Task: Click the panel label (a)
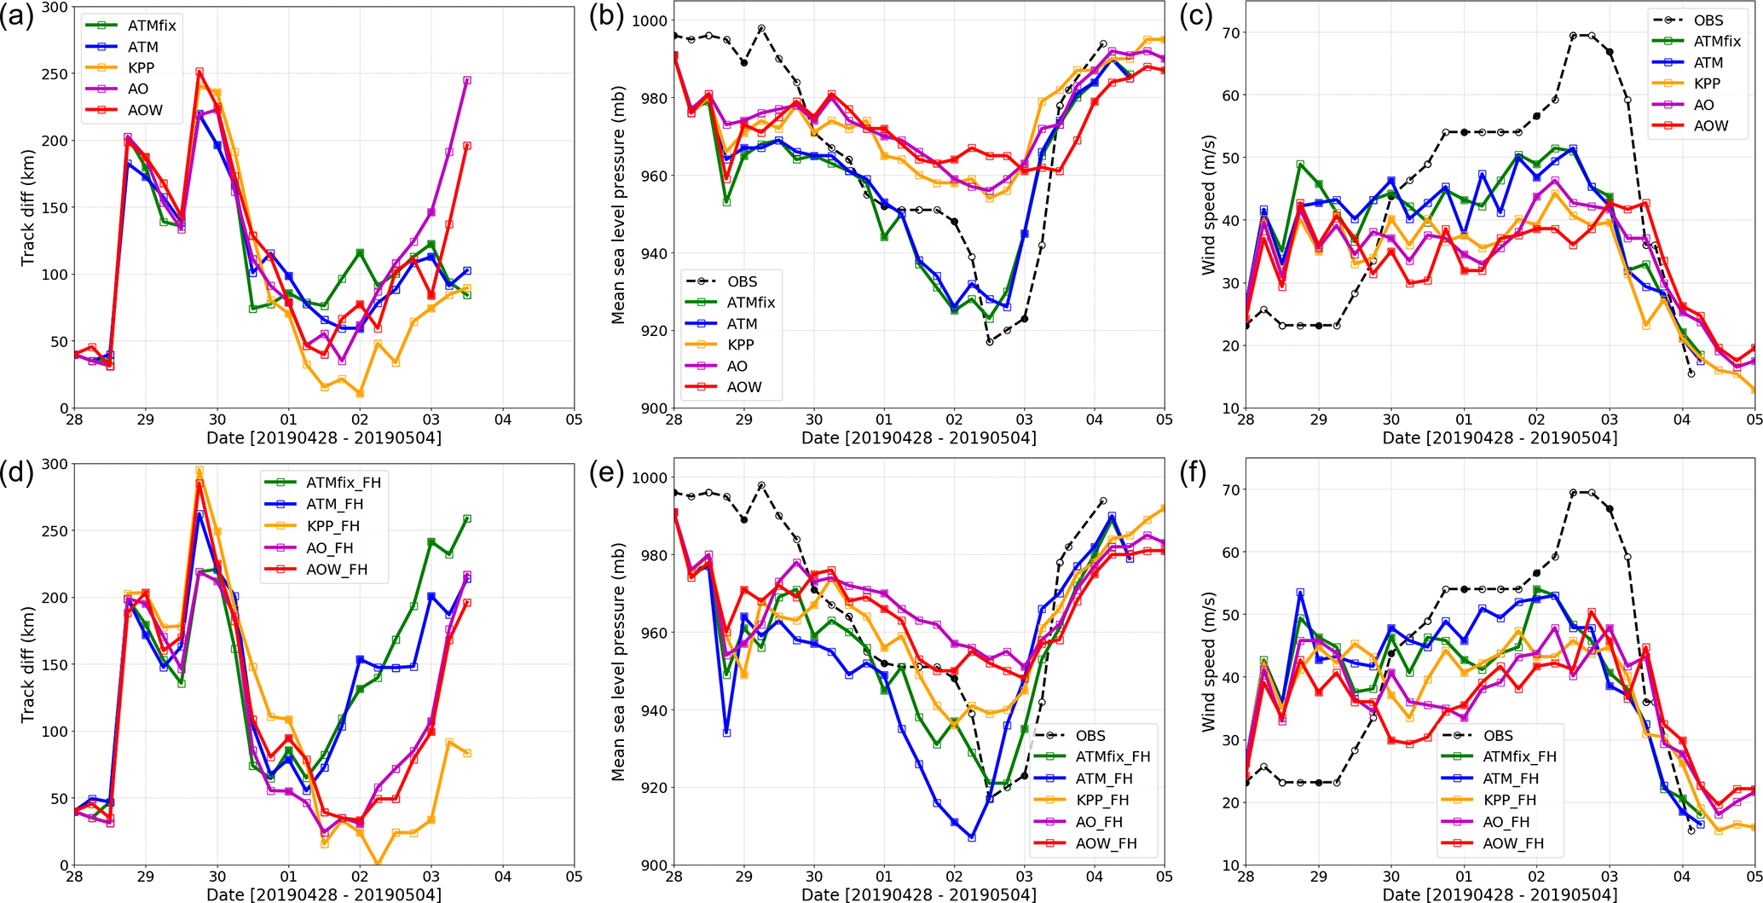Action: (17, 17)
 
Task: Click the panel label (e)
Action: (606, 472)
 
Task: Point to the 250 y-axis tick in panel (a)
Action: (56, 74)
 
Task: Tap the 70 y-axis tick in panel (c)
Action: (1229, 33)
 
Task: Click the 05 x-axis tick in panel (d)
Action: (574, 877)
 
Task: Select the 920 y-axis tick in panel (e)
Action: (653, 788)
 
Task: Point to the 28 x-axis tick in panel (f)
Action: (1246, 877)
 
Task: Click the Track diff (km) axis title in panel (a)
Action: (28, 207)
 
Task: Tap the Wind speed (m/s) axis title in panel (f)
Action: (1208, 663)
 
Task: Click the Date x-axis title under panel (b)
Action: (918, 438)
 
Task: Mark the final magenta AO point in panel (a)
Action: (467, 81)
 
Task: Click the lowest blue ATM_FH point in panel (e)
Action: (972, 838)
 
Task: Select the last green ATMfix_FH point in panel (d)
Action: (467, 518)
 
